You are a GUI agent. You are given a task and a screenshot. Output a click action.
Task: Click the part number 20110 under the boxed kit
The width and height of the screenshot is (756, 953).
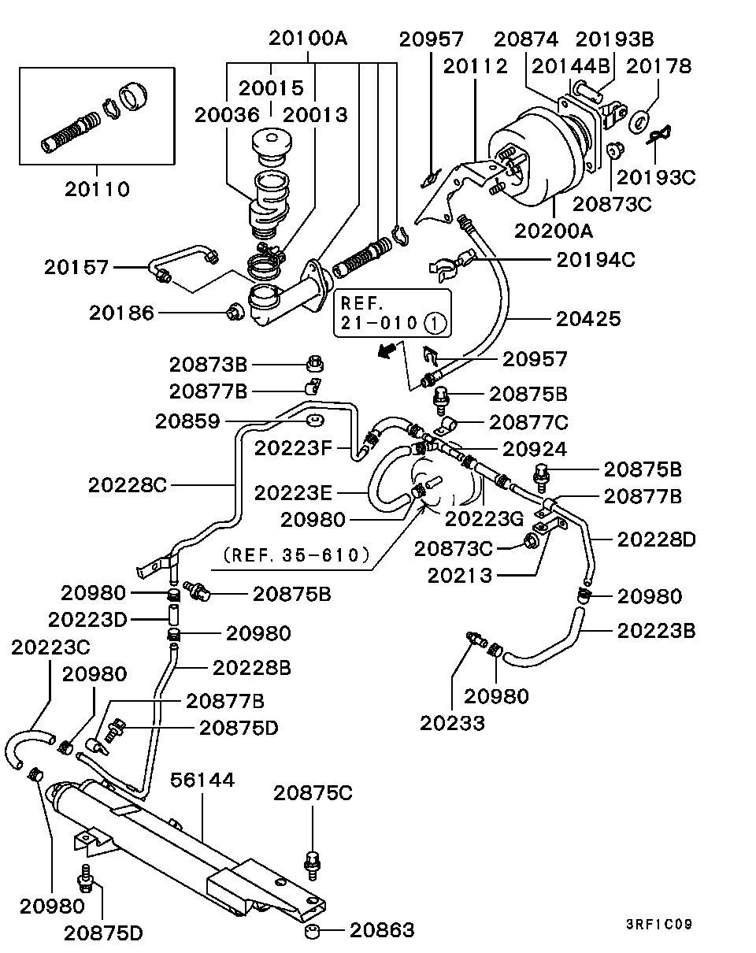coord(97,189)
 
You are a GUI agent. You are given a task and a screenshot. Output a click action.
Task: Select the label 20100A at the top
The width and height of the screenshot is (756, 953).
coord(308,39)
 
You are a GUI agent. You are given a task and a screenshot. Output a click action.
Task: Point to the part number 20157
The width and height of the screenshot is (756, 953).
coord(76,267)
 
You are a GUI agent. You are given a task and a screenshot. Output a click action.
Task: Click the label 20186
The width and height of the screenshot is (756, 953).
coord(121,313)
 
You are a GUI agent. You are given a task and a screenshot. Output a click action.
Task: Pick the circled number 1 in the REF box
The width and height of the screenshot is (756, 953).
coord(435,323)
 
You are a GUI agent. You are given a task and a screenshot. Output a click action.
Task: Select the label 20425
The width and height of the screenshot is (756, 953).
coord(588,319)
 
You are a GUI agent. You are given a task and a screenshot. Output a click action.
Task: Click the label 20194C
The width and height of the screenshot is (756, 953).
coord(595,260)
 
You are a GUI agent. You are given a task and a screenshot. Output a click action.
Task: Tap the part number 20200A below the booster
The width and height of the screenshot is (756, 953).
coord(553,231)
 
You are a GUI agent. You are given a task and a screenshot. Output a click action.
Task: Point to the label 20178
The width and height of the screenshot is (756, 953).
coord(658,66)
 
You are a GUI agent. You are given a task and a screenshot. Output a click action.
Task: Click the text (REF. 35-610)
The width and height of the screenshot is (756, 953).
coord(296,555)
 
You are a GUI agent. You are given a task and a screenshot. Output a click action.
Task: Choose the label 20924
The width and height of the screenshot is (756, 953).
coord(535,449)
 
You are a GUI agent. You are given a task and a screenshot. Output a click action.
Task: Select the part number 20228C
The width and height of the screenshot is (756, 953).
coord(128,485)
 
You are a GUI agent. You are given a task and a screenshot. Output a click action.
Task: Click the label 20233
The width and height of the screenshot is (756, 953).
coord(452,723)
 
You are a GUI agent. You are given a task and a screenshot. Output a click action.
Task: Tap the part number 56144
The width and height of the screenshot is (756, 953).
coord(202,780)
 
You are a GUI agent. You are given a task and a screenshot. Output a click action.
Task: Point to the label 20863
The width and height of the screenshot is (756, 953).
coord(382,930)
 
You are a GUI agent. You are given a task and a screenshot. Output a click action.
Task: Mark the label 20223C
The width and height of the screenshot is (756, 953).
coord(50,647)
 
